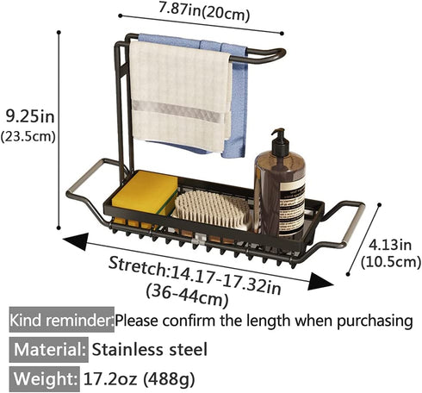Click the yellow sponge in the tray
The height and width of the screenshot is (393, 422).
145,192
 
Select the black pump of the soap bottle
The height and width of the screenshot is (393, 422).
279,142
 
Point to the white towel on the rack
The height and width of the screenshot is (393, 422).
180,97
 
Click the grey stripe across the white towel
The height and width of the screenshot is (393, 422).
178,111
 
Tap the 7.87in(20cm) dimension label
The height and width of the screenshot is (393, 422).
204,11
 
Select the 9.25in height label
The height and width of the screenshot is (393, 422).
30,116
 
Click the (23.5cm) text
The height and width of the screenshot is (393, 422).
28,136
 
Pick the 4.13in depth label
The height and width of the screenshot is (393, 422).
390,245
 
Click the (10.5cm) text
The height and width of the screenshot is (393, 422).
391,262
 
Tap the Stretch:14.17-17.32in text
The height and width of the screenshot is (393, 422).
195,275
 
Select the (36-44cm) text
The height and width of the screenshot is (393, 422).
187,295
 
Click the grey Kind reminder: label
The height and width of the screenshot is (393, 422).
62,320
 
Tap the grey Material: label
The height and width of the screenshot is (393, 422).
49,350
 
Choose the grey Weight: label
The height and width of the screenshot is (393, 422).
45,379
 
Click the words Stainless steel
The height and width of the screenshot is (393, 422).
149,350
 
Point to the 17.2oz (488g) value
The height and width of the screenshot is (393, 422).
140,379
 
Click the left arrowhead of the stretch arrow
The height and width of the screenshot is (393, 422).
76,241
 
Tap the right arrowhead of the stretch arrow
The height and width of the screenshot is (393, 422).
320,282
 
